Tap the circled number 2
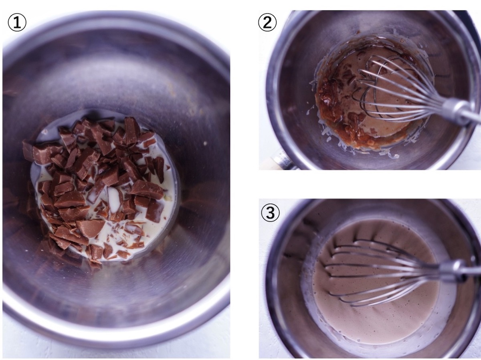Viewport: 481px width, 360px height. point(267,23)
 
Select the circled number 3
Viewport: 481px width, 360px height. point(270,213)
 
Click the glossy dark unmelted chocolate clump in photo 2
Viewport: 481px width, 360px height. point(327,96)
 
